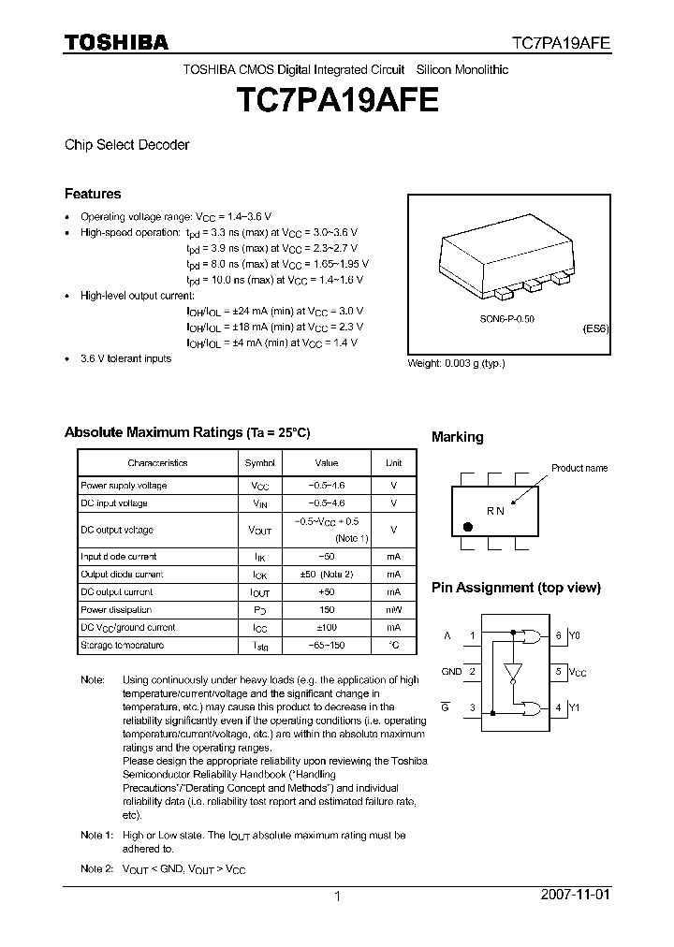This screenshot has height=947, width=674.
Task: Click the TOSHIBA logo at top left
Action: coord(116,42)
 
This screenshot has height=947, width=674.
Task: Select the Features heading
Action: coord(93,194)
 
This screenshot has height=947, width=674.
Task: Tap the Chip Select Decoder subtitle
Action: coord(126,145)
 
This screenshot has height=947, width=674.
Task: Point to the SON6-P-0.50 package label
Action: coord(507,319)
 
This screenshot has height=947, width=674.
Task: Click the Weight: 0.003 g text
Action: coord(456,363)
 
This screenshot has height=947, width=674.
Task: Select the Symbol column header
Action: coord(260,462)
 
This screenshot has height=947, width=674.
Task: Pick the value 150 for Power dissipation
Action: coord(326,609)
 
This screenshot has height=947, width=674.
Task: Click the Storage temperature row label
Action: coord(122,646)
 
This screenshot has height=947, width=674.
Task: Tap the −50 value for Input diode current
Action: coord(326,556)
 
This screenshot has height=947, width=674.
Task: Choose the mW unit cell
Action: coord(393,609)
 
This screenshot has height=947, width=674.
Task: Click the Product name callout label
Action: coord(579,468)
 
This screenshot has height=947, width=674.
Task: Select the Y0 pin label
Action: coord(574,635)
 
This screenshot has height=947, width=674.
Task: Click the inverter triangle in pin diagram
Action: coord(510,673)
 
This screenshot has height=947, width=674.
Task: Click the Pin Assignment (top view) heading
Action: coord(515,588)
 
